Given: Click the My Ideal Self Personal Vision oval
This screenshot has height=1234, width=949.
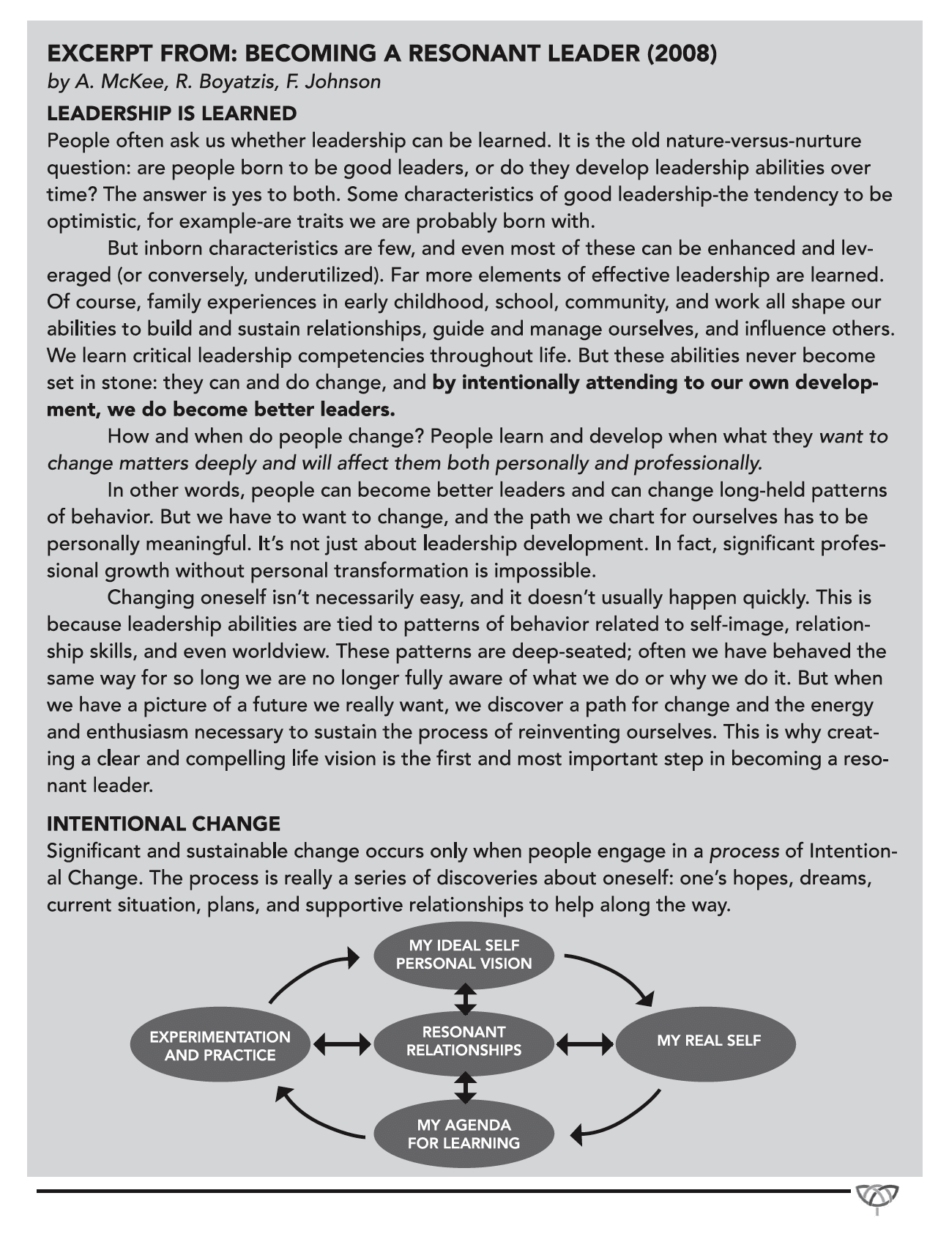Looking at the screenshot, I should click(x=464, y=954).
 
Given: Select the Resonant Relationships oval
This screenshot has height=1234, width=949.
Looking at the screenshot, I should click(x=464, y=1041).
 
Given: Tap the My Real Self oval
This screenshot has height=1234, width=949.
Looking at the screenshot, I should click(x=707, y=1041).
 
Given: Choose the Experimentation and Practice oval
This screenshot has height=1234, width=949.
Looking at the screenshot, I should click(x=220, y=1046).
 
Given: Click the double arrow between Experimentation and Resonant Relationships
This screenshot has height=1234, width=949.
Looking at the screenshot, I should click(x=342, y=1043).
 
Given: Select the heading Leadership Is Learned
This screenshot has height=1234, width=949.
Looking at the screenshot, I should click(x=171, y=114).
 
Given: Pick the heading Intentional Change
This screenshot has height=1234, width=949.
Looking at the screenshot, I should click(x=163, y=824).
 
